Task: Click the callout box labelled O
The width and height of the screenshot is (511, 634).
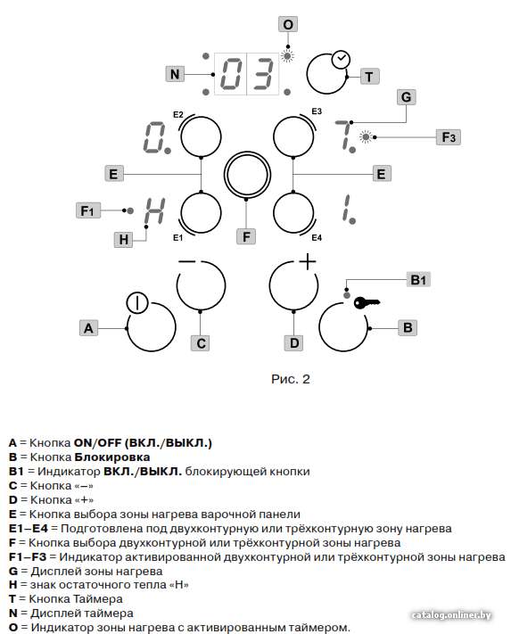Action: pyautogui.click(x=288, y=24)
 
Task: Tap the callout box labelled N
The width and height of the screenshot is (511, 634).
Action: pyautogui.click(x=175, y=74)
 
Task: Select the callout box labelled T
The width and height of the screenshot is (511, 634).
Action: pyautogui.click(x=369, y=76)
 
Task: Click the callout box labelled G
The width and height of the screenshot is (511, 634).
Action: pyautogui.click(x=407, y=97)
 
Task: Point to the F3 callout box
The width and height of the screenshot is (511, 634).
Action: pyautogui.click(x=449, y=137)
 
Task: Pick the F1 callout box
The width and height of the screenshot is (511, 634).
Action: pyautogui.click(x=87, y=210)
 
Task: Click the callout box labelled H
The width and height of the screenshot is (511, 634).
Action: pyautogui.click(x=123, y=239)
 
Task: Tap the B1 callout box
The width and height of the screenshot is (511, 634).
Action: pyautogui.click(x=418, y=279)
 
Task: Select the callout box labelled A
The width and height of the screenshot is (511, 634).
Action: pyautogui.click(x=88, y=328)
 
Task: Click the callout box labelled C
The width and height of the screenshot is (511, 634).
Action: pyautogui.click(x=201, y=343)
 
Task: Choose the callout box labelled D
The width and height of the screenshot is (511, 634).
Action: pyautogui.click(x=294, y=343)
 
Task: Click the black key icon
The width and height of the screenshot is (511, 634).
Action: pyautogui.click(x=367, y=302)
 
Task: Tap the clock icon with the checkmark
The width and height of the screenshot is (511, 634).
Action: pyautogui.click(x=342, y=59)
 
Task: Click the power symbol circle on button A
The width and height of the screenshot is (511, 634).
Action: pyautogui.click(x=137, y=303)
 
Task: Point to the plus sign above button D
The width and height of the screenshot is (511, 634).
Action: pyautogui.click(x=308, y=261)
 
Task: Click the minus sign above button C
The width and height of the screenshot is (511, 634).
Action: pyautogui.click(x=186, y=261)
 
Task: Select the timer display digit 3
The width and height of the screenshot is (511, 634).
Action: pyautogui.click(x=263, y=74)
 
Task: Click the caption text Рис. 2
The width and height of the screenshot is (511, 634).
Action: pyautogui.click(x=290, y=379)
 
